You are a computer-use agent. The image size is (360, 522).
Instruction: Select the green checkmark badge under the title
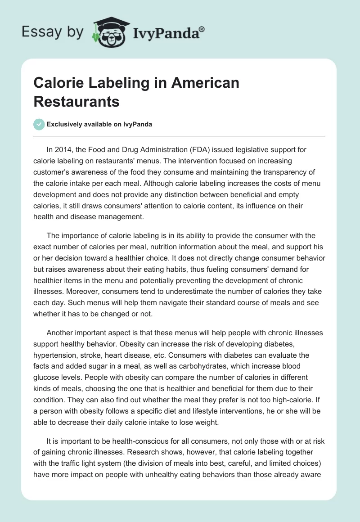tap(39, 124)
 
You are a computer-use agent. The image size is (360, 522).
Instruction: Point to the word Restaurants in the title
tap(76, 102)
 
